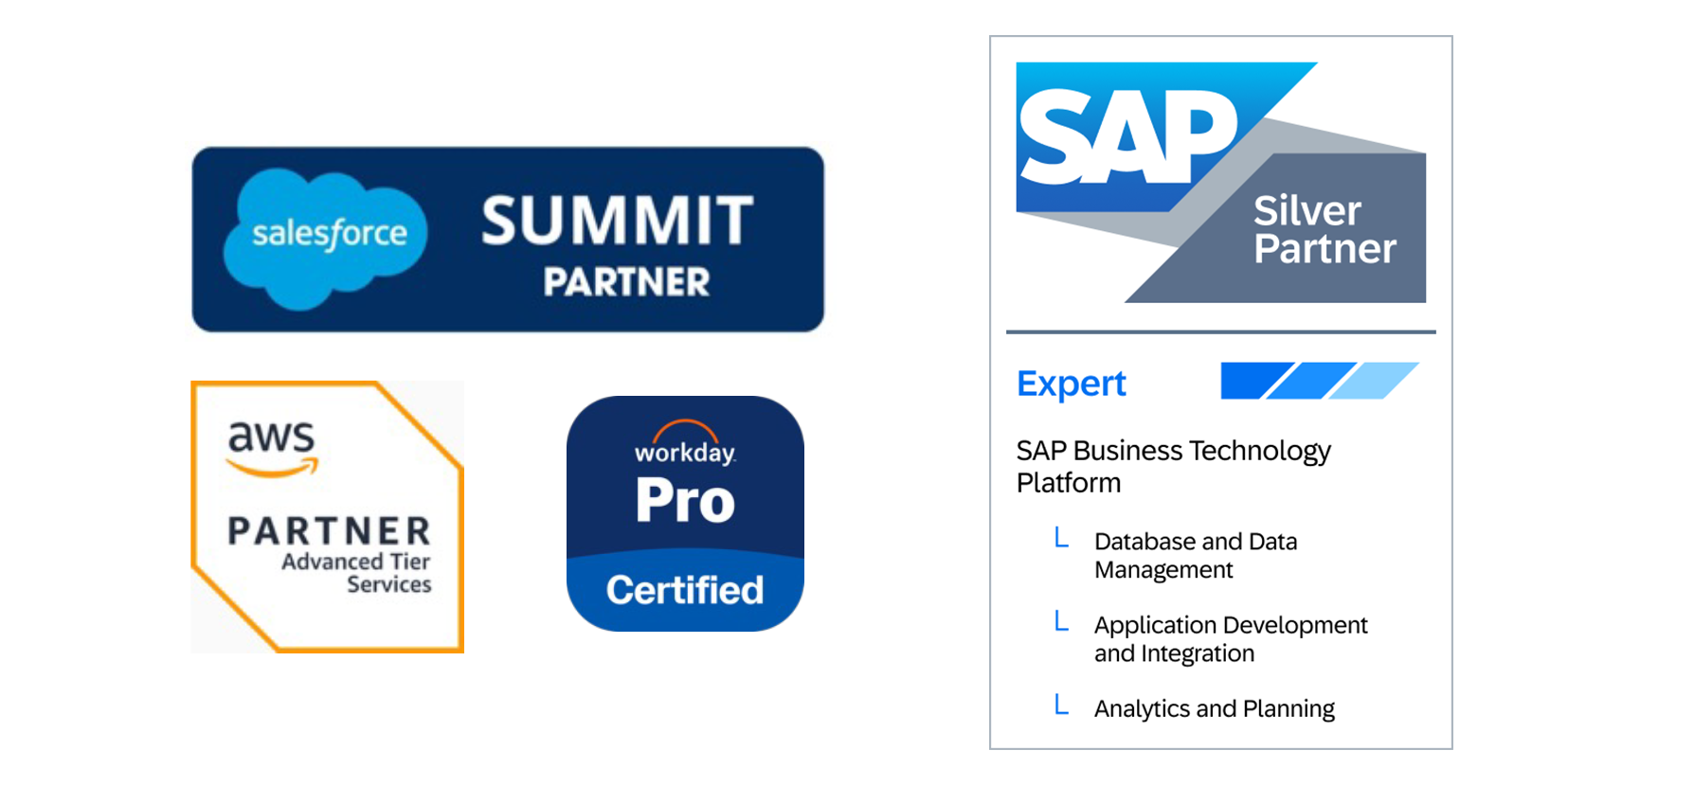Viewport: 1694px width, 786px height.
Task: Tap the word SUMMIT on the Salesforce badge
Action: click(617, 221)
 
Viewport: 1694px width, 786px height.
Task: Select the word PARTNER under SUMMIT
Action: click(626, 282)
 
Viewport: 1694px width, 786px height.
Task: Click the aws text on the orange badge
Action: click(271, 436)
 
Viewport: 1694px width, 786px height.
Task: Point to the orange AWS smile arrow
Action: click(273, 467)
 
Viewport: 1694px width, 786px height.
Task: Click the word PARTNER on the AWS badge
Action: click(329, 530)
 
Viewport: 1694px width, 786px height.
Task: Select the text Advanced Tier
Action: click(355, 562)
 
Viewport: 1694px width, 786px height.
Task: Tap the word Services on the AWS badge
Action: click(388, 584)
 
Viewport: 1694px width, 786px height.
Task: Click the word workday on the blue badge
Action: click(684, 453)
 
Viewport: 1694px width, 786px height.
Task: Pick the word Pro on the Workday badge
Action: click(685, 500)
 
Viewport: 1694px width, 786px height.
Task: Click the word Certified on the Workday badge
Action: click(684, 590)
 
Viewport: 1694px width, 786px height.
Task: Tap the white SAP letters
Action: click(1127, 137)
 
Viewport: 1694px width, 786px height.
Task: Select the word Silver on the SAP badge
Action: click(1307, 211)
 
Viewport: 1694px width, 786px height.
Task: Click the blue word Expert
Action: click(1071, 384)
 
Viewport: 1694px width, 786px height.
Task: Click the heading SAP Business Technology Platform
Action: click(1173, 466)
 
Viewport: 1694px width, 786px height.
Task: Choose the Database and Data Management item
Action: click(1195, 555)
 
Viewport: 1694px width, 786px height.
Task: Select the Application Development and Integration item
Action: click(1230, 638)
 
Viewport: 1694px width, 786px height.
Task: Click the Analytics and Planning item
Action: click(1214, 708)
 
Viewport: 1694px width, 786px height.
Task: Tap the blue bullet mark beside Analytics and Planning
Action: click(1062, 705)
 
